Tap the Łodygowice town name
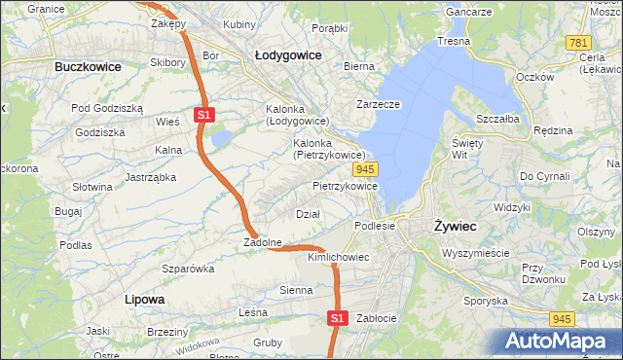coord(288,55)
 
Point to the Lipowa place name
coord(145,299)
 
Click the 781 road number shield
coord(578,43)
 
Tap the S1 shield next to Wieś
coord(203,115)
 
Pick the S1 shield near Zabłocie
coord(337,317)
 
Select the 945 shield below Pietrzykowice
coord(381,169)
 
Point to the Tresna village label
coord(454,41)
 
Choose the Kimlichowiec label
coord(338,257)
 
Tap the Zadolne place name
coord(263,242)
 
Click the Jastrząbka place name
coord(150,177)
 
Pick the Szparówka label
coord(188,268)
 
